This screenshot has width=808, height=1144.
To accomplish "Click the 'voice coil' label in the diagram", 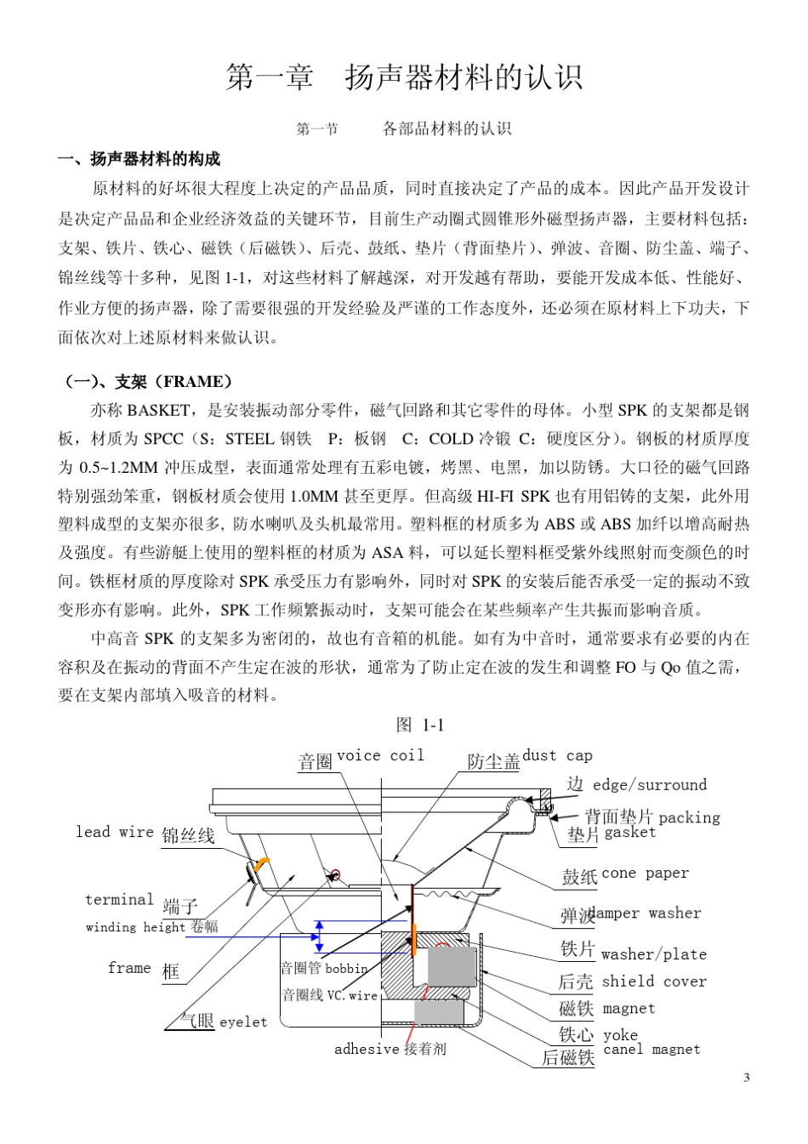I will click(x=380, y=755).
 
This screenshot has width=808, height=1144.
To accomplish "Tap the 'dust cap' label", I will click(x=557, y=755).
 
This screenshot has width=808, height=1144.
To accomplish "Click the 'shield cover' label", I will click(x=654, y=981).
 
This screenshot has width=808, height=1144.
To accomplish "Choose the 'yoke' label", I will click(x=620, y=1034).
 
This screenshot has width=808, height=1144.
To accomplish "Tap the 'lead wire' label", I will click(x=115, y=832).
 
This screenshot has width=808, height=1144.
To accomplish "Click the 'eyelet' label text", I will click(x=243, y=1022).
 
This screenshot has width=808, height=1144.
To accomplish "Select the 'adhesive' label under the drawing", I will click(x=367, y=1049).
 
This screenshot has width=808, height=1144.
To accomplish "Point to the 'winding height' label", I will click(x=136, y=927).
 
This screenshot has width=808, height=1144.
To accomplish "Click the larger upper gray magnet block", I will click(x=451, y=967).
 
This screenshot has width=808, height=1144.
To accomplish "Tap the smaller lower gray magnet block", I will click(x=439, y=1012).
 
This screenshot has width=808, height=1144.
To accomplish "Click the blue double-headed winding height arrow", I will click(x=319, y=936).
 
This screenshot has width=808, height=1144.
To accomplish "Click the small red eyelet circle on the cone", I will click(x=335, y=874).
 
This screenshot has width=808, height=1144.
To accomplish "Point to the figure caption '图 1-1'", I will click(x=420, y=725).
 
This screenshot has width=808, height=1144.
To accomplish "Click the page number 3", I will click(x=747, y=1078).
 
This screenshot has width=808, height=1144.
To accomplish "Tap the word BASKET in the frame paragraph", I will click(x=158, y=410).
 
